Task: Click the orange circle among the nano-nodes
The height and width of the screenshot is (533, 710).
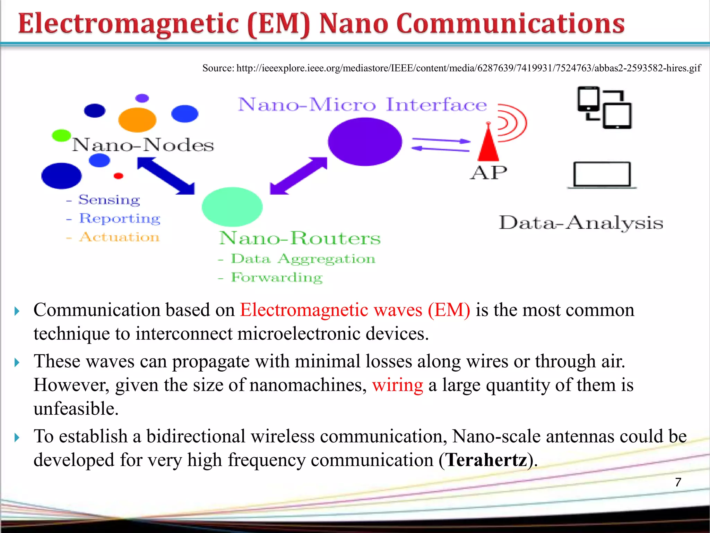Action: pos(137,120)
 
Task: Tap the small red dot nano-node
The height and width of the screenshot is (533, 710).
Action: pos(119,176)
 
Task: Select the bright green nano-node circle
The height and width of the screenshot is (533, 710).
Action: pos(61,135)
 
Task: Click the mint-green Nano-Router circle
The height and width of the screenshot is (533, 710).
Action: pos(232,207)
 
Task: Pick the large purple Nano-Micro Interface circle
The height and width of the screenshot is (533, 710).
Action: pos(365,142)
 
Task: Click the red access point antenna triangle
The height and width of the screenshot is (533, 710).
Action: pos(488,146)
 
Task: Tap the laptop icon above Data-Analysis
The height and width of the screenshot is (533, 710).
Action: pos(601,175)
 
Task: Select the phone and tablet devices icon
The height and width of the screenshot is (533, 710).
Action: pos(604,108)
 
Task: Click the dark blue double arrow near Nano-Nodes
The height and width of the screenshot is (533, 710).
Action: pos(166,176)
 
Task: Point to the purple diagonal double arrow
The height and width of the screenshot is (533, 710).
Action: pos(298,176)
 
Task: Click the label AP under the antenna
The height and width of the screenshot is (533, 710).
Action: pos(488,172)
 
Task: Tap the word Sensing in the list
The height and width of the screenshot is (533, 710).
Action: pos(109,200)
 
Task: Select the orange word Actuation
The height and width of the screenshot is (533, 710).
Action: pos(119,237)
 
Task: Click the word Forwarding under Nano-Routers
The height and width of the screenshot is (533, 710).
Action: pos(277,277)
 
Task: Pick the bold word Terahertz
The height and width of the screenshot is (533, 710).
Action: pos(486,460)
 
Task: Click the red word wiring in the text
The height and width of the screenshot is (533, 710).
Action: pos(398,385)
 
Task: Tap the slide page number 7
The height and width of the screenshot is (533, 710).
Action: pos(678,482)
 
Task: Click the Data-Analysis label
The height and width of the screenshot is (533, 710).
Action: pos(581,223)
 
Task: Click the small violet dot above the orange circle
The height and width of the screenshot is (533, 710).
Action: pos(142,98)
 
